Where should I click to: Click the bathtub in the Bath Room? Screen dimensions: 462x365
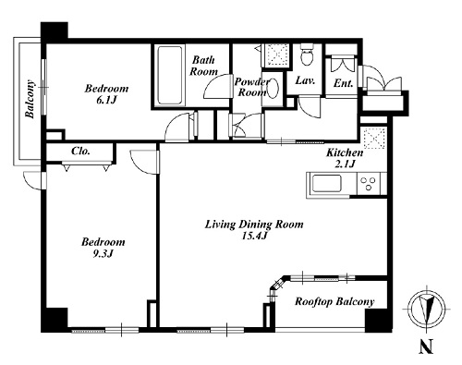coord(169,75)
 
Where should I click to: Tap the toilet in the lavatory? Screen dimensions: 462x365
coord(307,55)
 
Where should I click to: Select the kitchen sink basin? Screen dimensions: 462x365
coord(327,184)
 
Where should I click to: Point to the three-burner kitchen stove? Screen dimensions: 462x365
coord(369,184)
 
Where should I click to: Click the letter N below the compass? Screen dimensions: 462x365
coord(426,346)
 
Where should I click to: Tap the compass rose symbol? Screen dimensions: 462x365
coord(426,309)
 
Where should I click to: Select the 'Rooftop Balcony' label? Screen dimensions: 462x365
coord(334,301)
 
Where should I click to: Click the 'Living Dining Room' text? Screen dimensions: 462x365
coord(254,225)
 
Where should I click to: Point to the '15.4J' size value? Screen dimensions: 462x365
coord(254,236)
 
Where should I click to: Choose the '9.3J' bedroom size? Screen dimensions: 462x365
coord(103,254)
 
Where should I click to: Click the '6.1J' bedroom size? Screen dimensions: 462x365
coord(106,100)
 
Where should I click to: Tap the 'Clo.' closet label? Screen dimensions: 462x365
coord(80,152)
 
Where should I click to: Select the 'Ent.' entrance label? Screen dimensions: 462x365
coord(343,83)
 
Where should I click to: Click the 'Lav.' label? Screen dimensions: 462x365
coord(305,80)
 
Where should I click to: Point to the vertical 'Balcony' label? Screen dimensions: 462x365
coord(30,99)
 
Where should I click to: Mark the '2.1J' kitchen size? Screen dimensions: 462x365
coord(345,164)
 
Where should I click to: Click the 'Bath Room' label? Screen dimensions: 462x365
coord(203,66)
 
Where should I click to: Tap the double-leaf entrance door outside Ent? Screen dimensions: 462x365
coord(383,82)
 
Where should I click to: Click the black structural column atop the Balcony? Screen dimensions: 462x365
coord(55,32)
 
